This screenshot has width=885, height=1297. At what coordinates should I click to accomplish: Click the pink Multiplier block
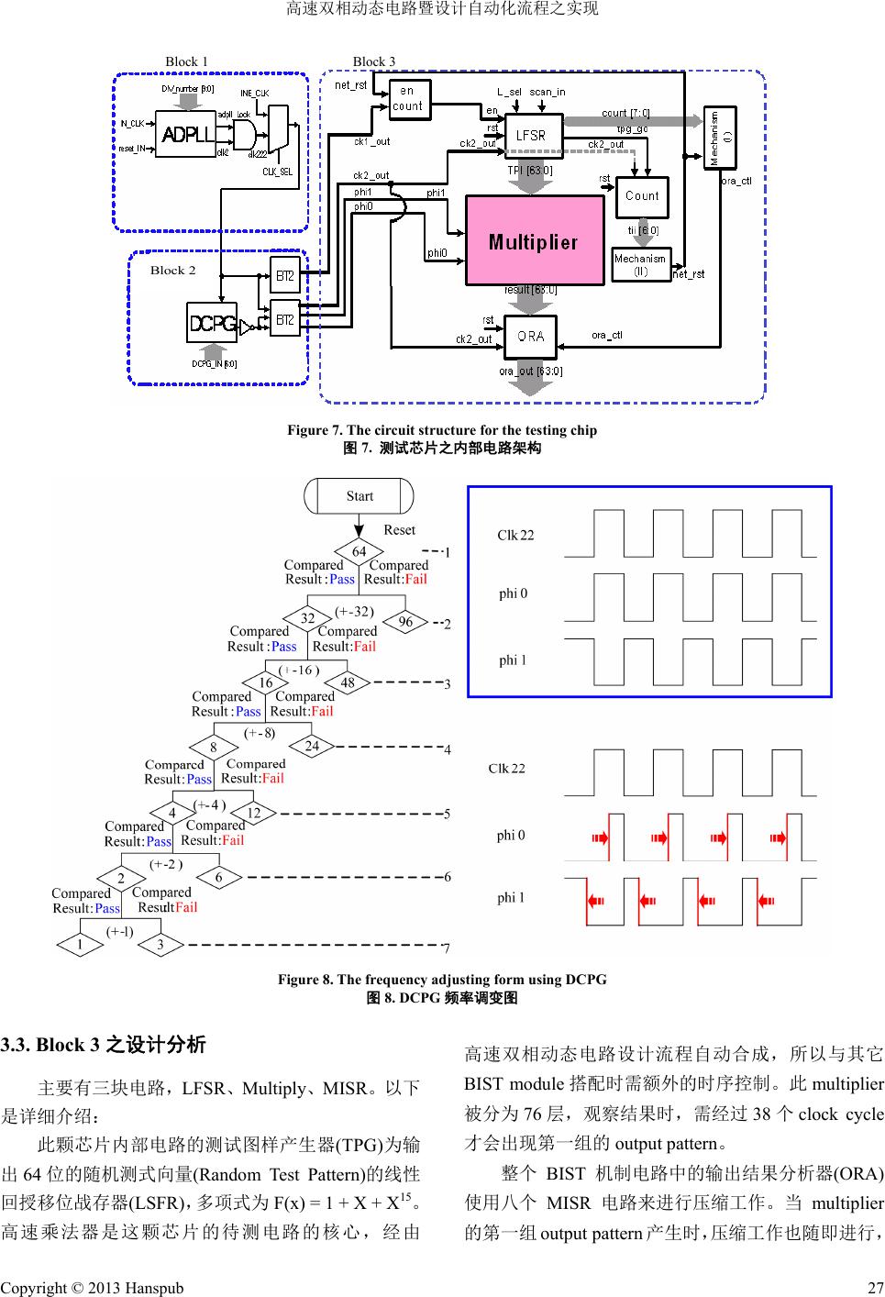click(x=534, y=241)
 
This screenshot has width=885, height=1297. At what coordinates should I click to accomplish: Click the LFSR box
click(x=531, y=135)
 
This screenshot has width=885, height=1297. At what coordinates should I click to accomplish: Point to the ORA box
click(x=531, y=336)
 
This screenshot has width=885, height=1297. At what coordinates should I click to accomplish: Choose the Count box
click(x=642, y=195)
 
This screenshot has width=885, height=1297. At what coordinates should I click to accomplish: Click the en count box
click(x=407, y=99)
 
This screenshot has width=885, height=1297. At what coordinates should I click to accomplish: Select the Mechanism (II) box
click(x=641, y=264)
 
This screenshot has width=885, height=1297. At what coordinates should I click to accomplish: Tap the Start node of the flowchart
click(x=360, y=496)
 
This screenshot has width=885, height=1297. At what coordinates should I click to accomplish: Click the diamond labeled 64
click(x=360, y=551)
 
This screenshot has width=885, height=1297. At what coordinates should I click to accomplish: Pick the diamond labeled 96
click(x=405, y=622)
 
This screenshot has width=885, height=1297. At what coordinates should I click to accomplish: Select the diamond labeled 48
click(x=348, y=682)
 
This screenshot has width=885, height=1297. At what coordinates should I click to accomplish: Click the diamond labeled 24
click(x=312, y=746)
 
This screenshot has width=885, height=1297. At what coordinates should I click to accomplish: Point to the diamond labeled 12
click(x=254, y=813)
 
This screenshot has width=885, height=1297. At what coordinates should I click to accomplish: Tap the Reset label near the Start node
click(x=399, y=530)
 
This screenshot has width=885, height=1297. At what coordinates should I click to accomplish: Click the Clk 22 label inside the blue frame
click(x=515, y=536)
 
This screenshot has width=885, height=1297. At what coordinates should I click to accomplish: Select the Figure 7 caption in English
click(x=442, y=430)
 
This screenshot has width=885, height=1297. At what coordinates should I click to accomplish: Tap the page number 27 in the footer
click(x=875, y=1288)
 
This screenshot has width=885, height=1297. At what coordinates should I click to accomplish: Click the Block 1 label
click(x=186, y=61)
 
